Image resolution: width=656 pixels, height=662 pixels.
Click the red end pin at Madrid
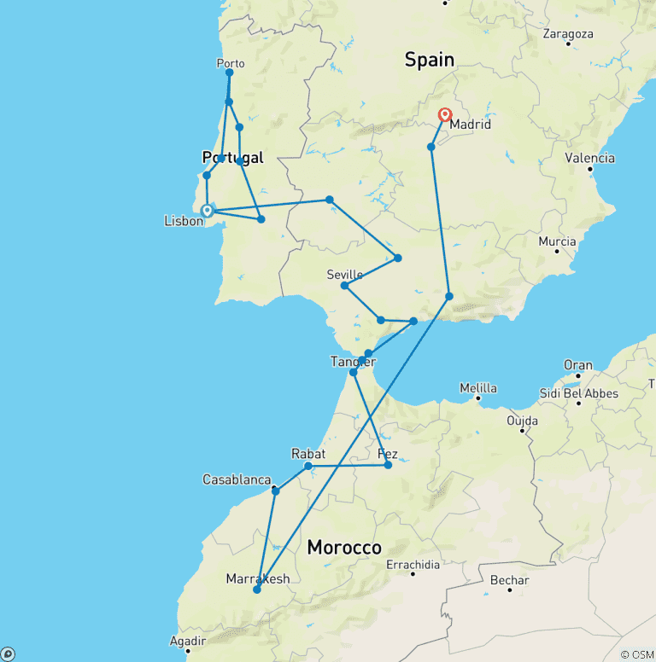click(x=445, y=115)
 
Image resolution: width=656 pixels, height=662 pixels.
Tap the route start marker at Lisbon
click(x=207, y=209)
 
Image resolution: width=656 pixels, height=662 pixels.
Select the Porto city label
click(x=231, y=63)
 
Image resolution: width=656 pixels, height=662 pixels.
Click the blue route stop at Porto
click(x=229, y=73)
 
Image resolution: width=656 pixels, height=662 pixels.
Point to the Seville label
click(x=345, y=274)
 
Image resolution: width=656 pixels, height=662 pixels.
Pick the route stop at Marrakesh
click(x=256, y=589)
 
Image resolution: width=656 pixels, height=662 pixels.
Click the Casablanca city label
click(x=237, y=480)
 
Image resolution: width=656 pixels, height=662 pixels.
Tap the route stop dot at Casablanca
click(x=275, y=491)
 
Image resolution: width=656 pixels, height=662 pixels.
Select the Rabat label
click(x=307, y=453)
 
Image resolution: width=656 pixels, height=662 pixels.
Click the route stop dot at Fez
click(x=388, y=465)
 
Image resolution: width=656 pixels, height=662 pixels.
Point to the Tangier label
click(x=353, y=362)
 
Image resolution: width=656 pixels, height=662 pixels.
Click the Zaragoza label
click(x=568, y=34)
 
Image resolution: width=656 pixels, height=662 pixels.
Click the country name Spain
click(x=429, y=59)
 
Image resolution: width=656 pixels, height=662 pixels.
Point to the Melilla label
click(x=478, y=388)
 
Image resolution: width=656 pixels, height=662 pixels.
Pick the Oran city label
click(x=578, y=365)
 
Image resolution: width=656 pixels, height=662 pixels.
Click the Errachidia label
click(x=413, y=565)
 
